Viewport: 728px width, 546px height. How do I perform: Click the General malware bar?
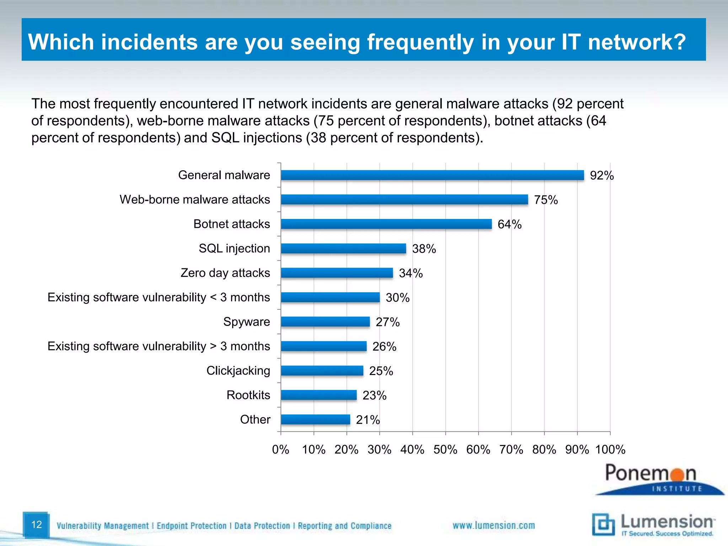[432, 175]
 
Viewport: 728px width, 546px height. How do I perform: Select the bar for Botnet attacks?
[386, 224]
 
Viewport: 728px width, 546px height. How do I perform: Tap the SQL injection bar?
[343, 248]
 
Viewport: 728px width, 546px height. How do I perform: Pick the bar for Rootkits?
[318, 395]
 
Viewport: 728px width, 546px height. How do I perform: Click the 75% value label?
[546, 200]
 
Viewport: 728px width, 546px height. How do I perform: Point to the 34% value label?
[411, 273]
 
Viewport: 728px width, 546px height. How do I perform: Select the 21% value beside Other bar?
[368, 420]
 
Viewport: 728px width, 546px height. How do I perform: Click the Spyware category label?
[246, 322]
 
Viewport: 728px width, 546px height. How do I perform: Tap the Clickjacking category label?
[238, 371]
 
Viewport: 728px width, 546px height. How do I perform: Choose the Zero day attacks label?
[225, 273]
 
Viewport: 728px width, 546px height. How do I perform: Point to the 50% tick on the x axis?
[445, 450]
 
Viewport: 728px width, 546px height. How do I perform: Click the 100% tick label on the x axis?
[610, 450]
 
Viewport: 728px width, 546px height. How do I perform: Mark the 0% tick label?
[280, 450]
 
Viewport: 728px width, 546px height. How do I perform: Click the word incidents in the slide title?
[149, 42]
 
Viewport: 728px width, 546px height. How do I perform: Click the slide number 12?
[36, 524]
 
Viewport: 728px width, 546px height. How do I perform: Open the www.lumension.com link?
[493, 525]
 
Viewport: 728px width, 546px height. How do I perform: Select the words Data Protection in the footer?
[262, 526]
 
